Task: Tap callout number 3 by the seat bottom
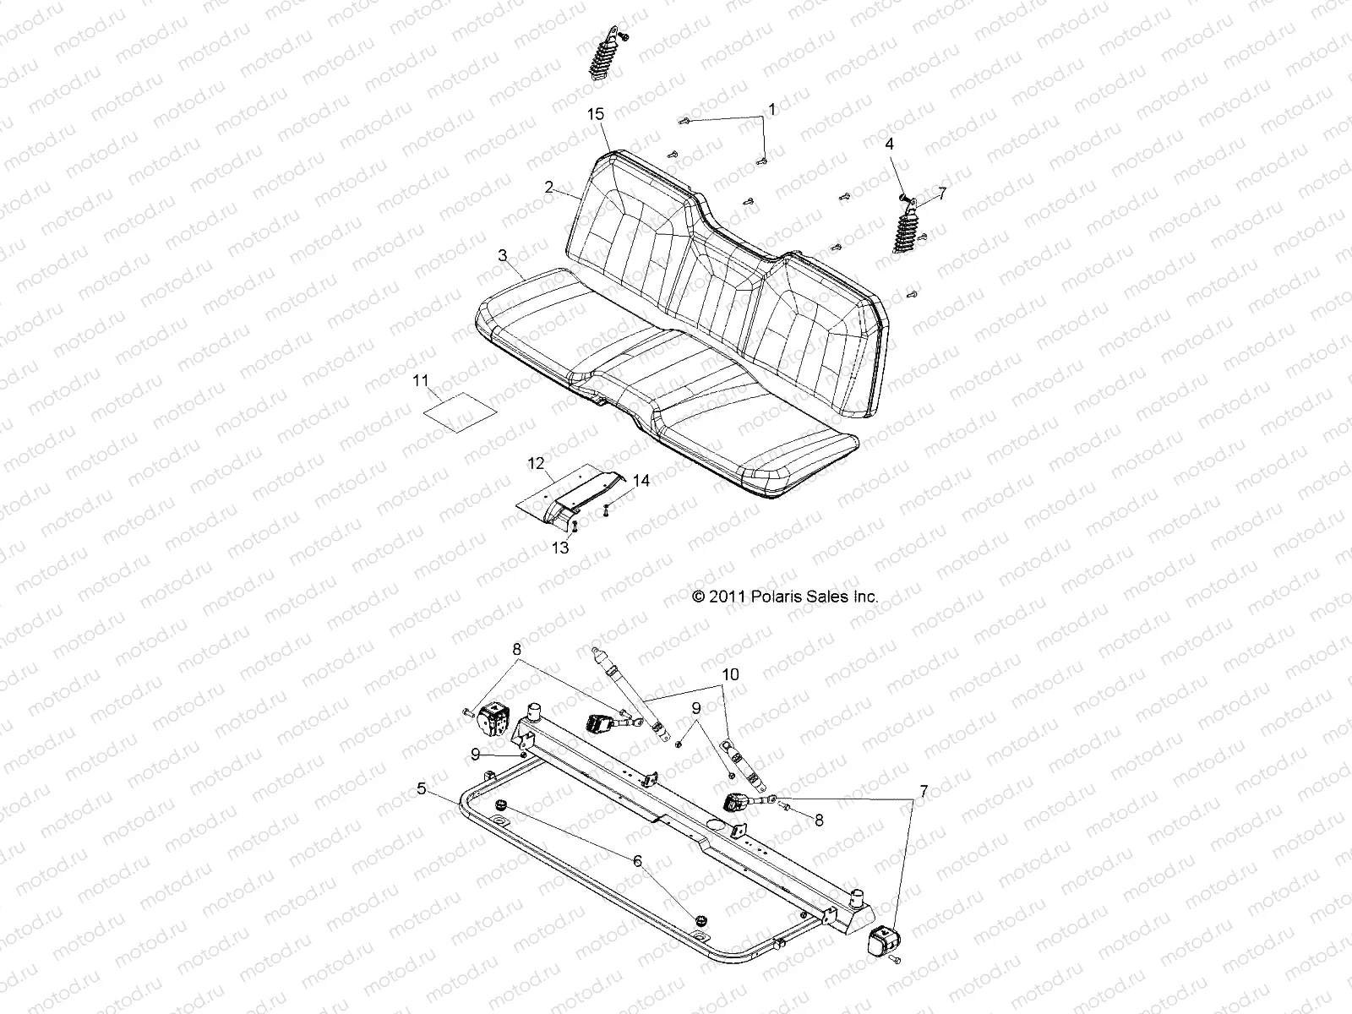click(503, 255)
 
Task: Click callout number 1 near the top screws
click(770, 109)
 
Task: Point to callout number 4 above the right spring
click(889, 144)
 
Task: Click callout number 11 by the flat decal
click(420, 381)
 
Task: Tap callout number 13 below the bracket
click(560, 548)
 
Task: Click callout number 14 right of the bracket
click(641, 481)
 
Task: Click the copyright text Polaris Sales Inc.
click(785, 597)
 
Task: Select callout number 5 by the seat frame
click(422, 789)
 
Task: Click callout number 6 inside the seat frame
click(637, 861)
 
